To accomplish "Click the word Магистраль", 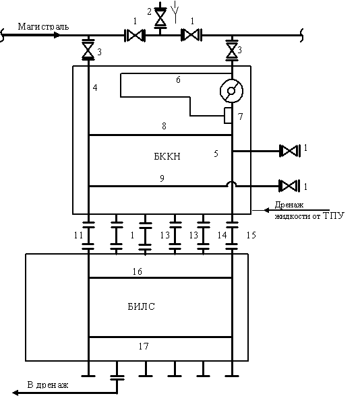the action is coord(43,26).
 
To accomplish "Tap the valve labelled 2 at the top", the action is coord(160,18).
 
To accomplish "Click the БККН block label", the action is coord(167,156).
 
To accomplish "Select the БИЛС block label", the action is coord(141,306).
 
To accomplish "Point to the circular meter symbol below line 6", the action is coord(231,91).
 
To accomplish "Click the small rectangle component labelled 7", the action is coord(228,115).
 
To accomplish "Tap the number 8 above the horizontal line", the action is coord(164,126).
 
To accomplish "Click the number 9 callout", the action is coord(162,178).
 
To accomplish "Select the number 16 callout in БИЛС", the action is coord(138,271).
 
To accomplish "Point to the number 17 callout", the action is coord(144,346).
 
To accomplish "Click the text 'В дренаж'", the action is coord(48,385).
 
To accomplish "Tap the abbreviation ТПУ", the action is coord(334,215).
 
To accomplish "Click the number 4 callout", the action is coord(95,88).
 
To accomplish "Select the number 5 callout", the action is coord(216,154).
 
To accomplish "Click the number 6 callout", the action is coord(178,79).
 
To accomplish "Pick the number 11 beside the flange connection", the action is coord(78,235).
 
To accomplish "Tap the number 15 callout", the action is coord(251,235).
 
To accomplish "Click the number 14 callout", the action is coord(222,235).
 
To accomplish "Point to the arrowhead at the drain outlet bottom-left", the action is coord(16,393).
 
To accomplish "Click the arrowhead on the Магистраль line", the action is coord(57,35).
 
